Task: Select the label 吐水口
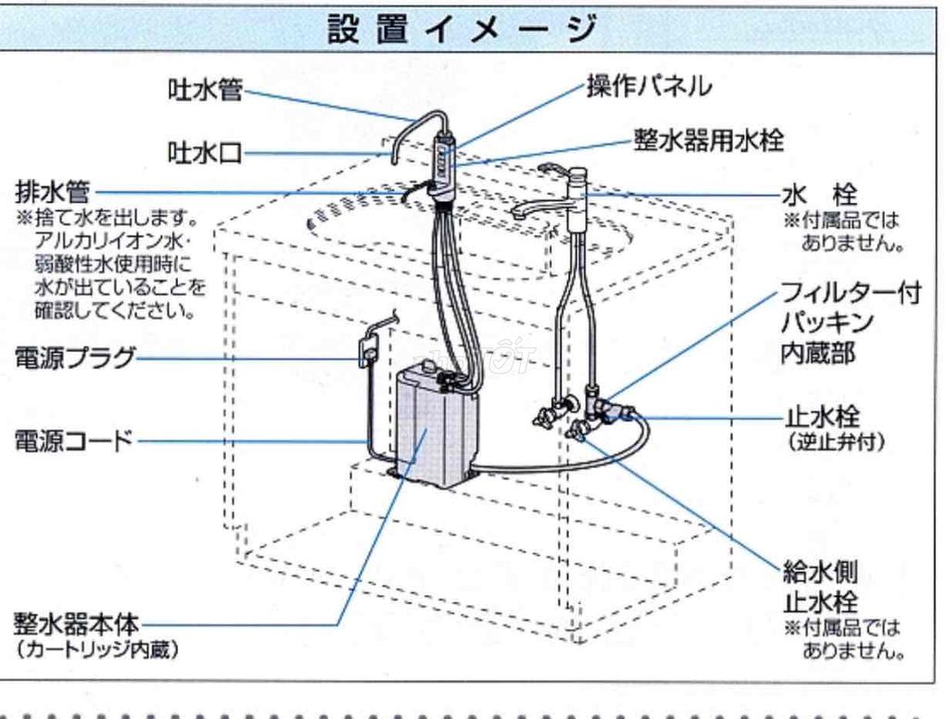tap(205, 153)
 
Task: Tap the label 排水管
tap(53, 193)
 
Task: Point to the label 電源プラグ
tap(75, 358)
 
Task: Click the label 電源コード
tap(74, 441)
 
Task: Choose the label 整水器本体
tap(75, 621)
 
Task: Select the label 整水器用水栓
tap(709, 140)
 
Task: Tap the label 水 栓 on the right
tap(820, 196)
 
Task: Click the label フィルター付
tap(850, 295)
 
